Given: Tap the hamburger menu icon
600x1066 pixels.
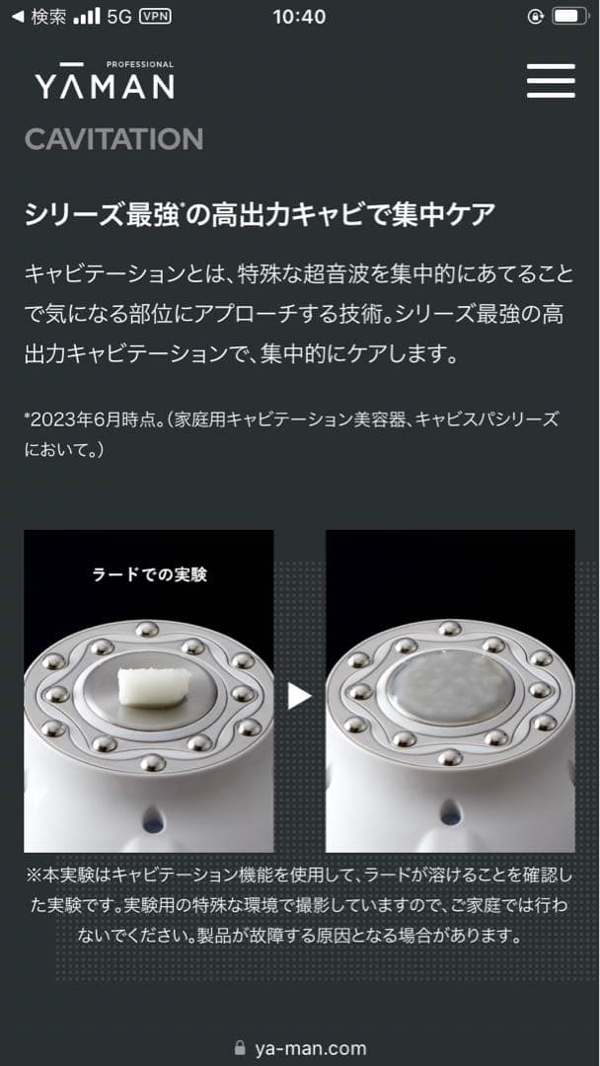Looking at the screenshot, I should point(551,81).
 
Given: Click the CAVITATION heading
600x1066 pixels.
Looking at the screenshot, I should point(113,139).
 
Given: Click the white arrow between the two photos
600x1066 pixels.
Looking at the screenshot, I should point(299,696).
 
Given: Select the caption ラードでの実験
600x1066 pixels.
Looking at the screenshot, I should point(149,573).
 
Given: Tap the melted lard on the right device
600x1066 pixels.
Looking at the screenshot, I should point(449,687).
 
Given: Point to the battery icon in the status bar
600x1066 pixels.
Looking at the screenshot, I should point(569,16).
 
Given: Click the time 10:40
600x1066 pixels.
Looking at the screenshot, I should point(298,16).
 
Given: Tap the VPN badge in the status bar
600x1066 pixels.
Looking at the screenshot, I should point(155,16).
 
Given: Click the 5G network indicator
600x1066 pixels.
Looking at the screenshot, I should point(119,16).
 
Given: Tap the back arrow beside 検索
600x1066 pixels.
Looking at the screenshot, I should point(17,16).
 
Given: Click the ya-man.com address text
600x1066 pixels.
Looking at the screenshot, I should point(310,1048).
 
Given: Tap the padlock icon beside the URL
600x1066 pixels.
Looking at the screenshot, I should point(240,1048).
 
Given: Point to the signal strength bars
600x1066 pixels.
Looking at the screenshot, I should point(87,16).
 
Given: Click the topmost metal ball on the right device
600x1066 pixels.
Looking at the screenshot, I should point(449,629).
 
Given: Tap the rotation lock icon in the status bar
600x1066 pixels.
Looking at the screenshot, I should point(536,16).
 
